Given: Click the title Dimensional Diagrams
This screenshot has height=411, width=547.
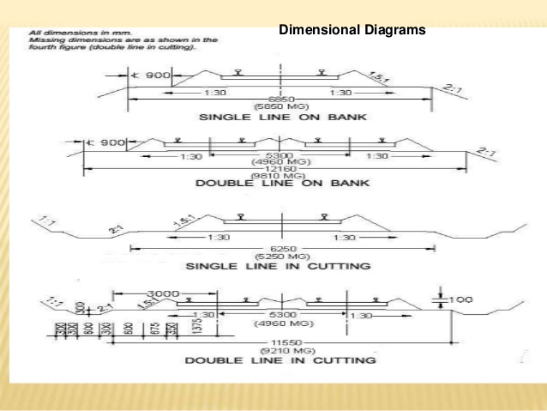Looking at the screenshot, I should click(x=352, y=31).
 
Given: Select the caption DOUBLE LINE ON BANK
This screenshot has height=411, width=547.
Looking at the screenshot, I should click(x=280, y=183).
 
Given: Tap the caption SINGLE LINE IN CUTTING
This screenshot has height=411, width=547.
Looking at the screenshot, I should click(x=280, y=266).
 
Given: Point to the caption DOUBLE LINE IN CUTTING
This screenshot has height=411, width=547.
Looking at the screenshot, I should click(x=280, y=360).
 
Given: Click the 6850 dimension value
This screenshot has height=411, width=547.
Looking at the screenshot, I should click(x=280, y=99).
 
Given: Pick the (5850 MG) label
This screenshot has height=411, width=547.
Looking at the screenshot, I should click(x=280, y=106).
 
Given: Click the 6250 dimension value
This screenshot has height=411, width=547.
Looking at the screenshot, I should click(x=280, y=249).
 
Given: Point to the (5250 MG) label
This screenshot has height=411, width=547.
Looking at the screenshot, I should click(x=280, y=257).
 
